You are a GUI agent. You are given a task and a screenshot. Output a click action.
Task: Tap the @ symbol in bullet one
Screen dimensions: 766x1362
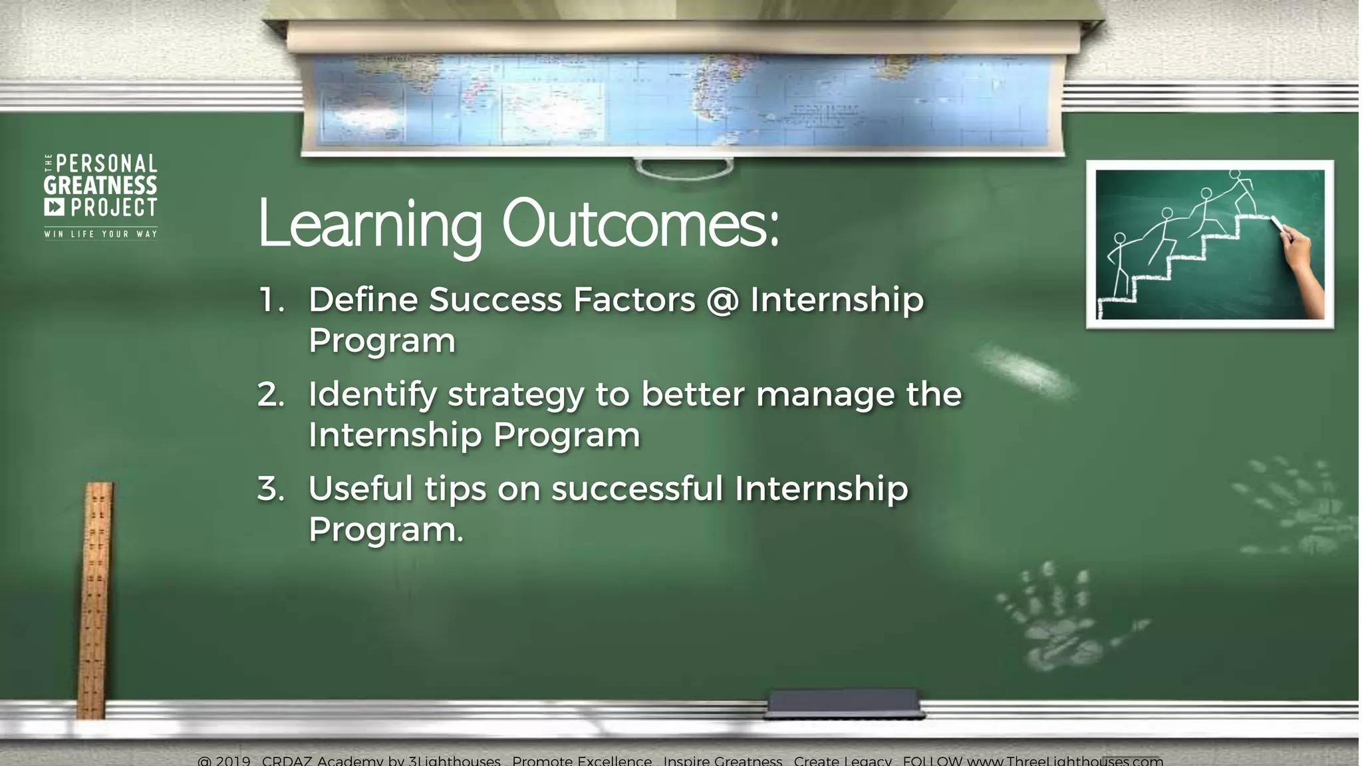click(x=722, y=300)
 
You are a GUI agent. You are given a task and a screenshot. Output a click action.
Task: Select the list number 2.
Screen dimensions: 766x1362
click(x=271, y=395)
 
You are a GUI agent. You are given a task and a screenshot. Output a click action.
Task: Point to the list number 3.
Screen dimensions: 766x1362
click(x=271, y=489)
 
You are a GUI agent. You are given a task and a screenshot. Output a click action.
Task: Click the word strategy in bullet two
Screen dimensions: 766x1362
click(x=516, y=395)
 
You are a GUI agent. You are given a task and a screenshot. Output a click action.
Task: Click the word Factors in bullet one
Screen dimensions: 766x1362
click(x=634, y=300)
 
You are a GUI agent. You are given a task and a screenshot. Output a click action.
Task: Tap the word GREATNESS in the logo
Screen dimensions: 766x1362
click(x=100, y=186)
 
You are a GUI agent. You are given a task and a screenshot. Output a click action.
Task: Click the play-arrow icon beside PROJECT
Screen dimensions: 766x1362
click(x=55, y=207)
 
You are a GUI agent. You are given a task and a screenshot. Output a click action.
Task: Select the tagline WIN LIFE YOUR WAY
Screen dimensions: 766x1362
click(x=100, y=234)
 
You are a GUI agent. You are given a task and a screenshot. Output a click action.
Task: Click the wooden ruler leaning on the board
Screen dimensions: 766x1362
click(x=95, y=598)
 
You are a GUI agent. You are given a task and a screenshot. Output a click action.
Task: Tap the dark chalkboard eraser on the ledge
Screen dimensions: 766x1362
click(x=843, y=704)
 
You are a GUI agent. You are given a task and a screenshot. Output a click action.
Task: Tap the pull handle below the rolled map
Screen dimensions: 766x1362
click(x=684, y=168)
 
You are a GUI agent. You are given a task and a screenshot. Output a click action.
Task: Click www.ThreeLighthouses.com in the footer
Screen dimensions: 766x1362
click(x=1064, y=761)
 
